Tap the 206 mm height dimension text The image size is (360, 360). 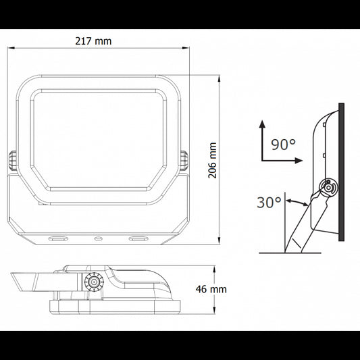(212, 159)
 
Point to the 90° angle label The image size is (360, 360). (284, 144)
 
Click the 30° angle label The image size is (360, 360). (269, 202)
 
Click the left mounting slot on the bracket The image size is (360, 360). (58, 238)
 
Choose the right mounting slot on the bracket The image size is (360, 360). (139, 238)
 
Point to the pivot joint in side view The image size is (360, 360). (328, 187)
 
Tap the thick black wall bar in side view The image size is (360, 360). (342, 172)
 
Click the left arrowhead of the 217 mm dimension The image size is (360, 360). (14, 49)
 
